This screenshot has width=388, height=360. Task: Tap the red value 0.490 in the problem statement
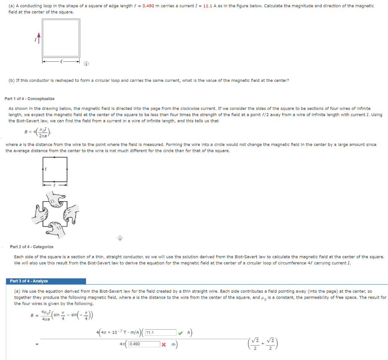coord(148,6)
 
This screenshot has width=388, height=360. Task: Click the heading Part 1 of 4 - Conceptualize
coord(30,99)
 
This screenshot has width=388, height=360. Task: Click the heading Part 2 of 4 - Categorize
coord(31,247)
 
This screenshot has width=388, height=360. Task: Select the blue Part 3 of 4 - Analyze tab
coord(29,281)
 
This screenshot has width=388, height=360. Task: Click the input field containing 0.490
coord(144,344)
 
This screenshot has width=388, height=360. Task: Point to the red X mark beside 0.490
coord(164,344)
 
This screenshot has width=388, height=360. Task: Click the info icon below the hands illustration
coord(120,238)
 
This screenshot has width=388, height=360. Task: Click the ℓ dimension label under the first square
coord(61,60)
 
